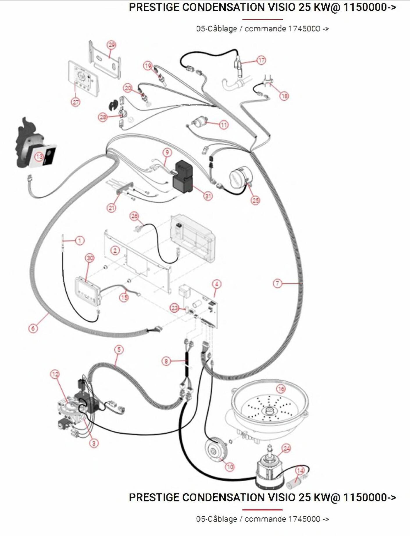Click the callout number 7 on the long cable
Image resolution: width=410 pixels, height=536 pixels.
[278, 283]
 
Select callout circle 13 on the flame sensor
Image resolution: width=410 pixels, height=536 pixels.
[39, 157]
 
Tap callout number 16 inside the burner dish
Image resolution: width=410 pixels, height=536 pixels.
[281, 389]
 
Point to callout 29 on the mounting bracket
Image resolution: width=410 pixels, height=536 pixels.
[112, 45]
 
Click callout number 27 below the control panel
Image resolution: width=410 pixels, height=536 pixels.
[76, 102]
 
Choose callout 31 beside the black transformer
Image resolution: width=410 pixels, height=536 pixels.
[208, 196]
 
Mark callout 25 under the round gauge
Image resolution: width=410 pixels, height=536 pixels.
[255, 200]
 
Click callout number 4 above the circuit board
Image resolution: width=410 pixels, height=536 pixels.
[216, 284]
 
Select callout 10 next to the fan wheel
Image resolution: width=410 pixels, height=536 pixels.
[230, 467]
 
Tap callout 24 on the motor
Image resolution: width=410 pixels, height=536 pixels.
[286, 448]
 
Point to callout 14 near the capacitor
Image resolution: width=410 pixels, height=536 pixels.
[300, 471]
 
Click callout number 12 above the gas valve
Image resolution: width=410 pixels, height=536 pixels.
[55, 374]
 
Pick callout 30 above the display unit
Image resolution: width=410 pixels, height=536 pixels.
[90, 258]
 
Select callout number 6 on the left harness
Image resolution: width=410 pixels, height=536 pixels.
[33, 328]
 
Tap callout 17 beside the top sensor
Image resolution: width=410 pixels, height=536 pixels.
[261, 60]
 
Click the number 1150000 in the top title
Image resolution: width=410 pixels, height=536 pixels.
[365, 7]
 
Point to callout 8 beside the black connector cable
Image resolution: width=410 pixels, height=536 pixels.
[166, 361]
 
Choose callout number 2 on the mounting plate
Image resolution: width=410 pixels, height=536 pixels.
[115, 250]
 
